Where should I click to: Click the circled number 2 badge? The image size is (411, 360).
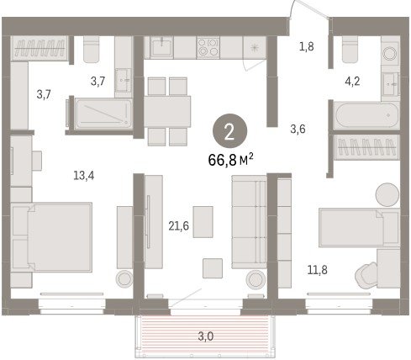[229, 131]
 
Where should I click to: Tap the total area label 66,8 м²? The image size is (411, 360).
[231, 160]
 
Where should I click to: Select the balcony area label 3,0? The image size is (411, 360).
[206, 336]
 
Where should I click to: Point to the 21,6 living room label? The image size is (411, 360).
[178, 225]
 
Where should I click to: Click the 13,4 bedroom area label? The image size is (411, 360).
[84, 176]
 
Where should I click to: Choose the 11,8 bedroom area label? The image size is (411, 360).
[318, 270]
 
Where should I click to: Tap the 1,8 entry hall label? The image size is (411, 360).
[307, 46]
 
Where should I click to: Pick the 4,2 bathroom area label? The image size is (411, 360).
[352, 82]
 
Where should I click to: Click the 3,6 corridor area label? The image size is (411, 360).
[298, 129]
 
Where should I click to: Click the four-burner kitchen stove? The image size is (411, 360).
[208, 48]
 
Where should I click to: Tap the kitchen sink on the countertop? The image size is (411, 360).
[161, 46]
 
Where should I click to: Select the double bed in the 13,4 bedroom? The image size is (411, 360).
[51, 237]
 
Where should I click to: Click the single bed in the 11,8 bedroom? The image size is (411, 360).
[360, 228]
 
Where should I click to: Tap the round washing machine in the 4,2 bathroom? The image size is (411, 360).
[390, 52]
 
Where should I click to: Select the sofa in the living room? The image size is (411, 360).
[249, 222]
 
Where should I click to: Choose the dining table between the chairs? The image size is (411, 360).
[167, 112]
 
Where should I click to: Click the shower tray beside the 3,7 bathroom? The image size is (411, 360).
[103, 114]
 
